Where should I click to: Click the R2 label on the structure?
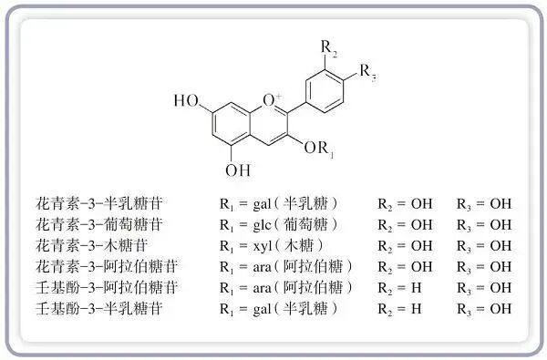point(329,48)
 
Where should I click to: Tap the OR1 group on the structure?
point(319,149)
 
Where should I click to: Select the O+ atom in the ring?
point(272,100)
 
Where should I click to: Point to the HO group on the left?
point(186,100)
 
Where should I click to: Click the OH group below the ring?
point(238,170)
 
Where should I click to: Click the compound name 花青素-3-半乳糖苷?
point(99,203)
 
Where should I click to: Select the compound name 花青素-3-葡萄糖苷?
point(99,224)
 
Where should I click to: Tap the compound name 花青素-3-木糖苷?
point(91,245)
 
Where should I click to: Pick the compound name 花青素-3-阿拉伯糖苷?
point(107,266)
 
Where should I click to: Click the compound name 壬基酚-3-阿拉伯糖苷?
point(107,287)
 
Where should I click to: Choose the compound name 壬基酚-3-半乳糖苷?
point(99,308)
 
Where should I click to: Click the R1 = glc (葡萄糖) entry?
point(279,225)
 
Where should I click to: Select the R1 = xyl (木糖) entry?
point(272,246)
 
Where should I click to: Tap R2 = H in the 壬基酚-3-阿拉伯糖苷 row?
point(400,288)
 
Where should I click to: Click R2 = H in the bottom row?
point(400,309)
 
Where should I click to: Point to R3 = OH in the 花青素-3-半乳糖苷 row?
point(484,204)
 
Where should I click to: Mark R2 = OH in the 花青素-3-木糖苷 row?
point(405,246)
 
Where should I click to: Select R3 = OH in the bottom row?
point(484,309)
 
